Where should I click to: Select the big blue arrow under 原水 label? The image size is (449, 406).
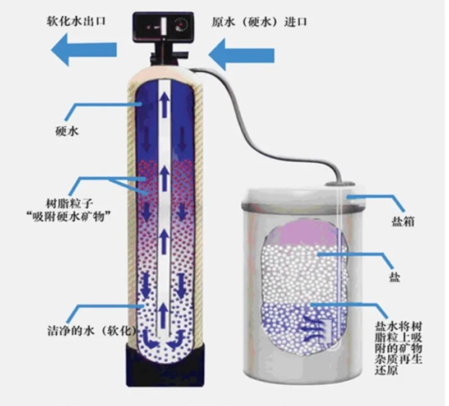241,55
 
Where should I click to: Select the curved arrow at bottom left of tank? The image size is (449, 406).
147,338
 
